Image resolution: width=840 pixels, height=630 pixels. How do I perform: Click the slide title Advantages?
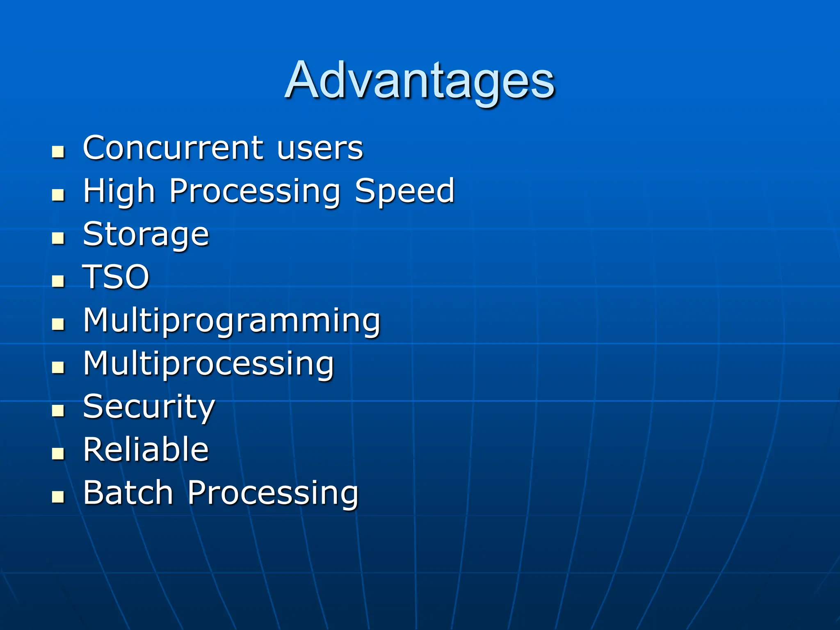420,81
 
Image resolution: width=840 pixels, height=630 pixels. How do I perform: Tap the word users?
320,148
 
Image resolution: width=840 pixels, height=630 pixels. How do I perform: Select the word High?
119,191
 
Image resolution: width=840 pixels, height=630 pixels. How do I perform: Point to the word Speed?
404,191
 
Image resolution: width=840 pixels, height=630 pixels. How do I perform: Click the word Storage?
146,235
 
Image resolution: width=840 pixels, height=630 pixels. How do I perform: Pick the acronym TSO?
116,277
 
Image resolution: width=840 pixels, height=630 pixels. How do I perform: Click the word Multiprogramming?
232,321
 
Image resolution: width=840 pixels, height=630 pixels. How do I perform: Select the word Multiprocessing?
208,364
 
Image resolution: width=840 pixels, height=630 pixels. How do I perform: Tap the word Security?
149,407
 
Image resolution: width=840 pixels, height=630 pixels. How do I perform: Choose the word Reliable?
146,450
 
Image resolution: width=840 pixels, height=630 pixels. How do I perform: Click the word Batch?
128,493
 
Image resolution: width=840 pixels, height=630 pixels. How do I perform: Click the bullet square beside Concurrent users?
58,152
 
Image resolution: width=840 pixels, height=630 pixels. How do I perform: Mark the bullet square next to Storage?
58,238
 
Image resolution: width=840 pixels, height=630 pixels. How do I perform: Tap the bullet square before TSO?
58,281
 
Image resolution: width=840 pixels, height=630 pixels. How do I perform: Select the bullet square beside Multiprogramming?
58,324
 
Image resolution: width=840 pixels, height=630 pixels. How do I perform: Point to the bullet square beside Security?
58,411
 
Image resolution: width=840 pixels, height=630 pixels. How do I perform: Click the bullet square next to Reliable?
58,454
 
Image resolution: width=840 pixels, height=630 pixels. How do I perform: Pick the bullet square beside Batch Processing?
58,497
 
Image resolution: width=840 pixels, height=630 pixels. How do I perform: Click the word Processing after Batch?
273,493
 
